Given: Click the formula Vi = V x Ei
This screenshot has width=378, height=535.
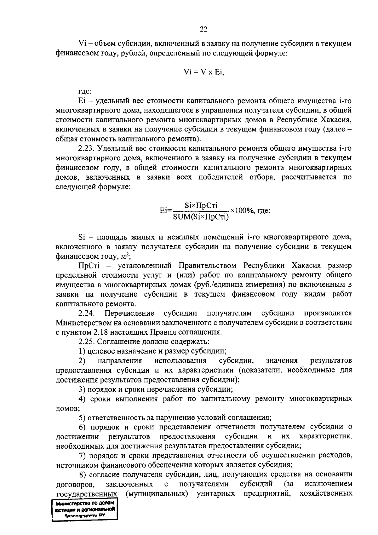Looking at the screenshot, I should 203,72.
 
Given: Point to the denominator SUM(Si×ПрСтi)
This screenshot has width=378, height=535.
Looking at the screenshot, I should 201,217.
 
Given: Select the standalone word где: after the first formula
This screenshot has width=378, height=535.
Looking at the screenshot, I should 85,92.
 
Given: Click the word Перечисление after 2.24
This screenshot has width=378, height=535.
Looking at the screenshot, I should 129,313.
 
